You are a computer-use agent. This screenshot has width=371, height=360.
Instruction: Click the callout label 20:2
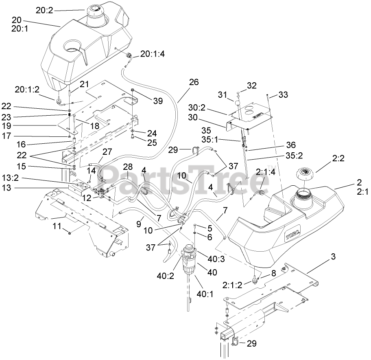pyautogui.click(x=45, y=10)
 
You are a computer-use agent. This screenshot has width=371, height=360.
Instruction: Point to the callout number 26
pyautogui.click(x=194, y=82)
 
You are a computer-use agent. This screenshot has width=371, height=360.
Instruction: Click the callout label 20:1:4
pyautogui.click(x=153, y=54)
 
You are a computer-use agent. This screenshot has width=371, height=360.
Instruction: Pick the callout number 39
pyautogui.click(x=158, y=101)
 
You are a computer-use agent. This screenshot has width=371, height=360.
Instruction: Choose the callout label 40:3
pyautogui.click(x=216, y=259)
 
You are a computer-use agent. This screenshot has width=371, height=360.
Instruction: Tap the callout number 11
pyautogui.click(x=57, y=226)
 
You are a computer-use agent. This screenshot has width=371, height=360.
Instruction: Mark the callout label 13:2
pyautogui.click(x=10, y=178)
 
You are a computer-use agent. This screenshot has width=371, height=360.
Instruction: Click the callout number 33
pyautogui.click(x=284, y=94)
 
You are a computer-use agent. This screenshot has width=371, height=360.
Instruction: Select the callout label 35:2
pyautogui.click(x=294, y=156)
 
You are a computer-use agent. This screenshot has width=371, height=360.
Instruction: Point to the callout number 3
pyautogui.click(x=333, y=256)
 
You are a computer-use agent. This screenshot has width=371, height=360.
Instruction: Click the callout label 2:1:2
pyautogui.click(x=232, y=285)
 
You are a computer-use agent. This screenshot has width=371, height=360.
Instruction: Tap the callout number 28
pyautogui.click(x=128, y=167)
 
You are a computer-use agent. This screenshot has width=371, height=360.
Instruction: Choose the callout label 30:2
pyautogui.click(x=197, y=108)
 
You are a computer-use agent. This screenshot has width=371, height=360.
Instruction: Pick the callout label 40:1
pyautogui.click(x=205, y=294)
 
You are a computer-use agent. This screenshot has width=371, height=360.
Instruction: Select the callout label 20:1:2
pyautogui.click(x=27, y=89)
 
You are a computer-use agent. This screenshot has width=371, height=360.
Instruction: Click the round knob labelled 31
pyautogui.click(x=237, y=104)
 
